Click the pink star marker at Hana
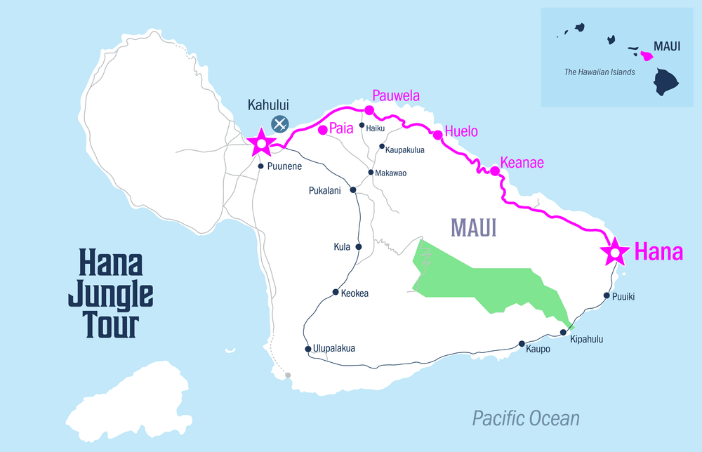[x=615, y=251]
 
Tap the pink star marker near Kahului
[x=262, y=143]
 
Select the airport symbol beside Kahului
[x=280, y=124]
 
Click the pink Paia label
[x=341, y=129]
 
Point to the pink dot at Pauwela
[x=369, y=109]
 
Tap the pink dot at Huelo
[x=437, y=134]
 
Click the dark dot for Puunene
[x=260, y=166]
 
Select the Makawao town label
[x=391, y=173]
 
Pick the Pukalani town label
[x=329, y=190]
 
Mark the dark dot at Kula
[x=359, y=246]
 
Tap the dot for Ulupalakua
[x=307, y=349]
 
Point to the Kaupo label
[x=538, y=349]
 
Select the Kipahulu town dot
[x=563, y=333]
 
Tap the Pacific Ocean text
[x=526, y=419]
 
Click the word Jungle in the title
[x=110, y=295]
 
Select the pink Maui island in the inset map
[x=647, y=54]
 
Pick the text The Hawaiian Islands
[x=600, y=72]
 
